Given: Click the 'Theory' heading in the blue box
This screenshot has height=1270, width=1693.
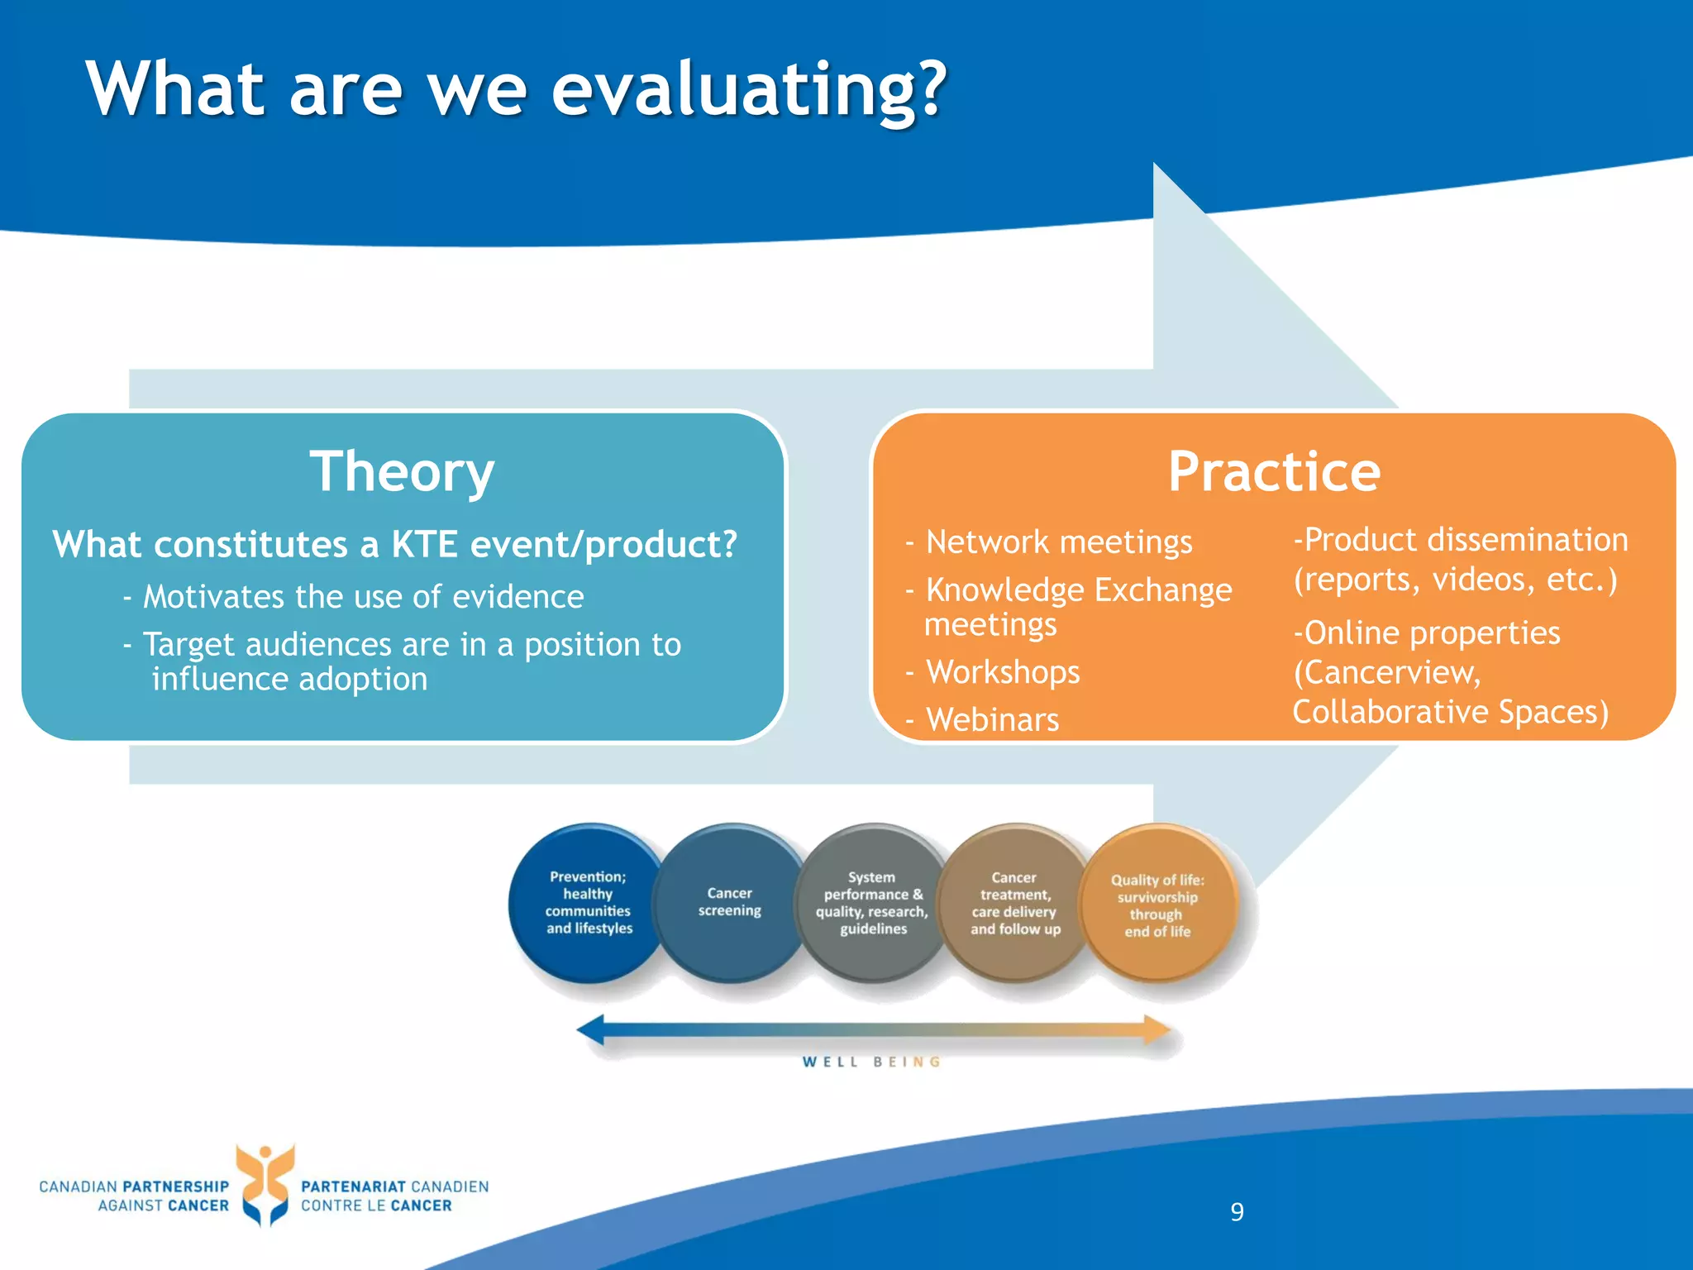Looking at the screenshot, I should [402, 472].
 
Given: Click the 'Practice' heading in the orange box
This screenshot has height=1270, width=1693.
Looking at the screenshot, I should [1274, 472].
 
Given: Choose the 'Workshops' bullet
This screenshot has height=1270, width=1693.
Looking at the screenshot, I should [1002, 672].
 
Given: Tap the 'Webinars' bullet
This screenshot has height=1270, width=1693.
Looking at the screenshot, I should [992, 720].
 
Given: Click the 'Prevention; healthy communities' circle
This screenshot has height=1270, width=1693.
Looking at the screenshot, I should [589, 903].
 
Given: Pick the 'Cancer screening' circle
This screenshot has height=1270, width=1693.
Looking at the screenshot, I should [729, 903].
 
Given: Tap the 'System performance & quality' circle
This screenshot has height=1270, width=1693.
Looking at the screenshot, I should [872, 903].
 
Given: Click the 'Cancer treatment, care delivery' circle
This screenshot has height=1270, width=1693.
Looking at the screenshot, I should [1015, 903].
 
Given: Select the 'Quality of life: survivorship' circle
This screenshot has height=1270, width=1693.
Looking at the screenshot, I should [1157, 905].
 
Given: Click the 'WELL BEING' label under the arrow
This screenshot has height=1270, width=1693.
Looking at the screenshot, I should [871, 1062].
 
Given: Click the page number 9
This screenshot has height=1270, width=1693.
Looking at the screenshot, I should [1237, 1212].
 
